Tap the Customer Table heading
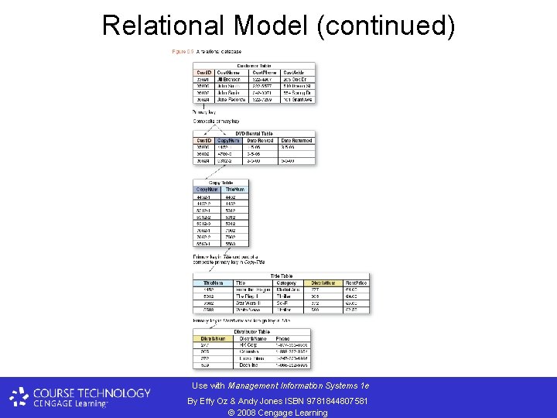click(254, 66)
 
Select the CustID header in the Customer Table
click(204, 72)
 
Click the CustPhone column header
click(265, 72)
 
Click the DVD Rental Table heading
click(254, 133)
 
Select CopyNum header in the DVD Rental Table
click(229, 141)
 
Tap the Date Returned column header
click(296, 141)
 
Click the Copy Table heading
click(210, 183)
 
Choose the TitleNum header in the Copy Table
click(234, 189)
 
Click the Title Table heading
click(281, 276)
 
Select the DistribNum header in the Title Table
click(323, 283)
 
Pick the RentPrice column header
click(357, 283)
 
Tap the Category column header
click(286, 283)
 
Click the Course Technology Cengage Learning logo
click(80, 397)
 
